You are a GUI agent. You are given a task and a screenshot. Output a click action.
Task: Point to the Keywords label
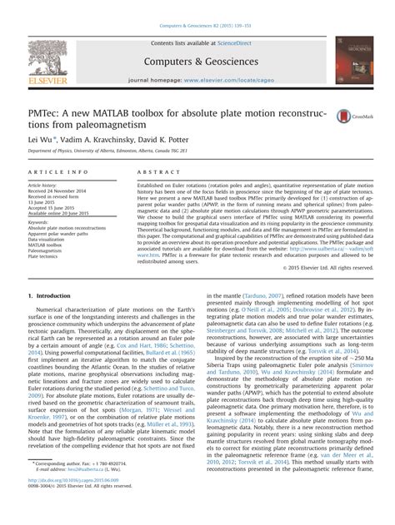coord(38,222)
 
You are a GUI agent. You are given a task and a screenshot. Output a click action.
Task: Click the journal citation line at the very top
coord(197,8)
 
